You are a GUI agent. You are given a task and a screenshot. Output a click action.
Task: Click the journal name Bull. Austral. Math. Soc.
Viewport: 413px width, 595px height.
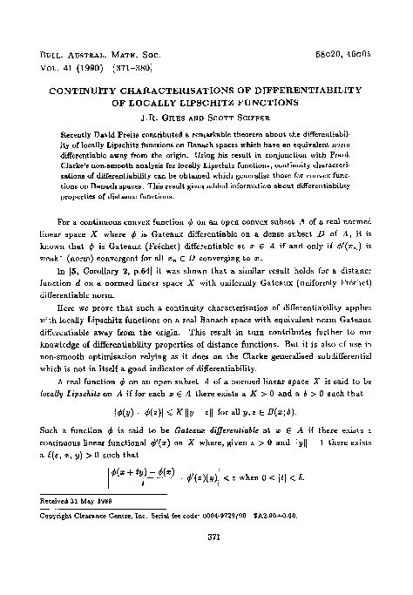[x=85, y=54]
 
